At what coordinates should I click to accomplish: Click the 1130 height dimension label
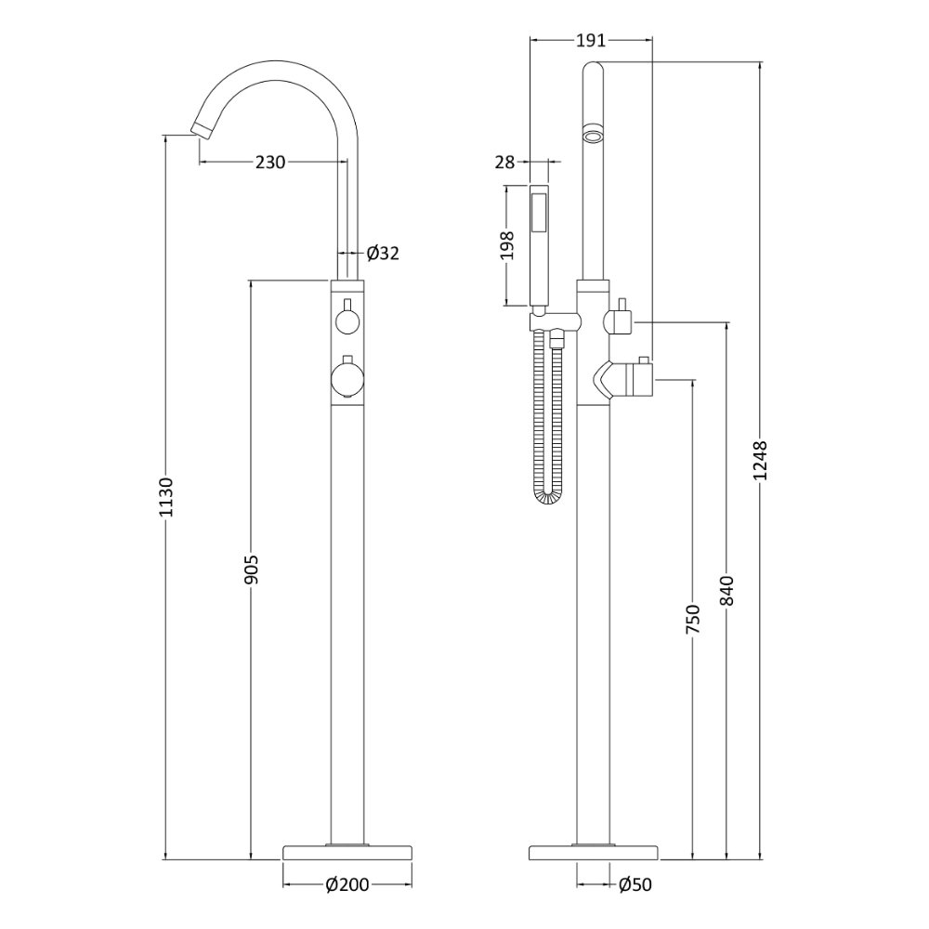[166, 496]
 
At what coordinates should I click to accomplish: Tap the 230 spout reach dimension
[270, 162]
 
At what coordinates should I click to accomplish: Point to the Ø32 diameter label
[383, 254]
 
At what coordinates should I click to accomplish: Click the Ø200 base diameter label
[347, 885]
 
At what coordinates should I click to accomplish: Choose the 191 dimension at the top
[591, 40]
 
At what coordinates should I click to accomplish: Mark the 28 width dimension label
[504, 162]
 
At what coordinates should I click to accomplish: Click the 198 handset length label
[508, 245]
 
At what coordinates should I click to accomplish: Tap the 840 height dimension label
[727, 590]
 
